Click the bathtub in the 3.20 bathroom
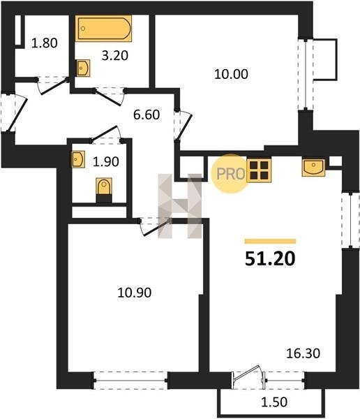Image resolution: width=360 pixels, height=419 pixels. point(103,29)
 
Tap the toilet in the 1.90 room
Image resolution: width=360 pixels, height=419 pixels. point(104,190)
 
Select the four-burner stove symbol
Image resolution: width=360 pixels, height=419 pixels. point(259,170)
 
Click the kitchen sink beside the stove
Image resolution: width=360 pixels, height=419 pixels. point(313,168)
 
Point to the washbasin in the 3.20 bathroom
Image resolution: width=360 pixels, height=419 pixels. point(83,68)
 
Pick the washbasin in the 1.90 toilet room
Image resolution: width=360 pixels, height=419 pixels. point(78,159)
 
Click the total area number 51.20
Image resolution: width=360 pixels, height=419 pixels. point(270,258)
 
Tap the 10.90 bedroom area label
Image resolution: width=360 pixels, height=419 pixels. point(135,293)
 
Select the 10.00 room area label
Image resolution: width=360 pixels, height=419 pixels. point(231,74)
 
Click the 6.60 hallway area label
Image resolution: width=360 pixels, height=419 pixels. point(147,115)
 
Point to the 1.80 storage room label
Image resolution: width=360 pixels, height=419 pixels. point(45,43)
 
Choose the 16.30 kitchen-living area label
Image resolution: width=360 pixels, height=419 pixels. point(303,353)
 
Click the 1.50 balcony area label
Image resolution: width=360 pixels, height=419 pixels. point(274,402)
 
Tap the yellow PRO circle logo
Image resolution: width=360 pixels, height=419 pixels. point(230,174)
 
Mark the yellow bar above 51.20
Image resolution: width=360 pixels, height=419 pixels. point(270,242)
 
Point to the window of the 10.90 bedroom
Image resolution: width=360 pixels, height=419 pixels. point(130,381)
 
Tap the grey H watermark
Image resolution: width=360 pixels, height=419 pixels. point(180,206)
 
